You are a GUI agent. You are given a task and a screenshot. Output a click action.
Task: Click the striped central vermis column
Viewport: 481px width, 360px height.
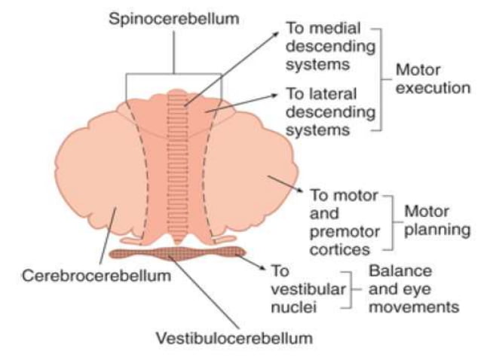click(x=180, y=166)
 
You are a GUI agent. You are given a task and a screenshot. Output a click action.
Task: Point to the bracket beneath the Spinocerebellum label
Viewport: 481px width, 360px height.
click(x=174, y=75)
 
